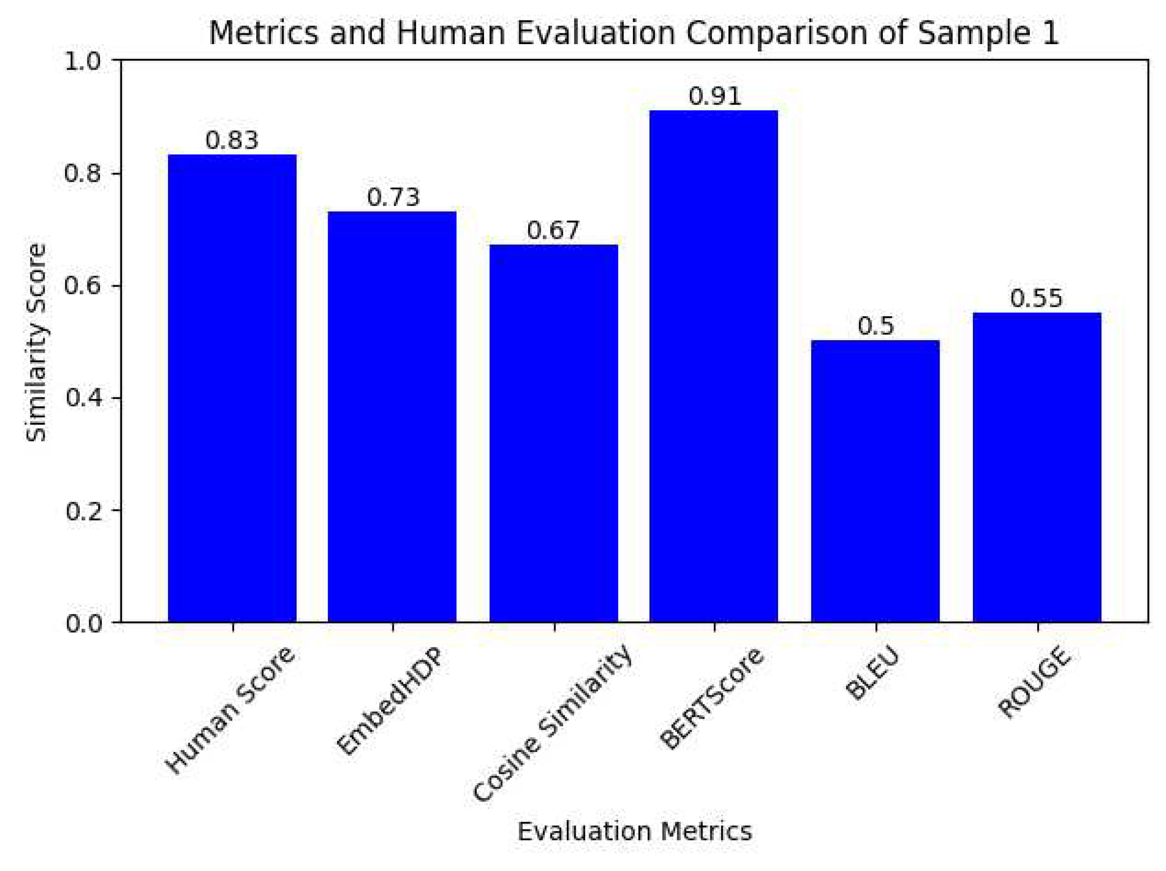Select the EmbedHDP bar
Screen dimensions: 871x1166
(x=391, y=417)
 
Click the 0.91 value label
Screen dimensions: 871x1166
(x=714, y=97)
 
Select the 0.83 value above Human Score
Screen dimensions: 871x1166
(x=232, y=141)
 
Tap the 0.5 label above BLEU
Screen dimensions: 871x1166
(x=875, y=326)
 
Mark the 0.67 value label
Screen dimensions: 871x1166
(x=553, y=231)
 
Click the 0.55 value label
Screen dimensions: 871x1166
(x=1036, y=299)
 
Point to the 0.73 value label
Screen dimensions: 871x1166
(x=393, y=198)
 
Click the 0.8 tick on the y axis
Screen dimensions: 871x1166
(x=83, y=174)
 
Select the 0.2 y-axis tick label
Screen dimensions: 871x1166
(x=83, y=510)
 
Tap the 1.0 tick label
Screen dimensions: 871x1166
(x=83, y=61)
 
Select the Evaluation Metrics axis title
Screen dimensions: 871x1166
(x=634, y=831)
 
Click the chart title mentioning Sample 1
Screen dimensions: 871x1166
(x=634, y=33)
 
